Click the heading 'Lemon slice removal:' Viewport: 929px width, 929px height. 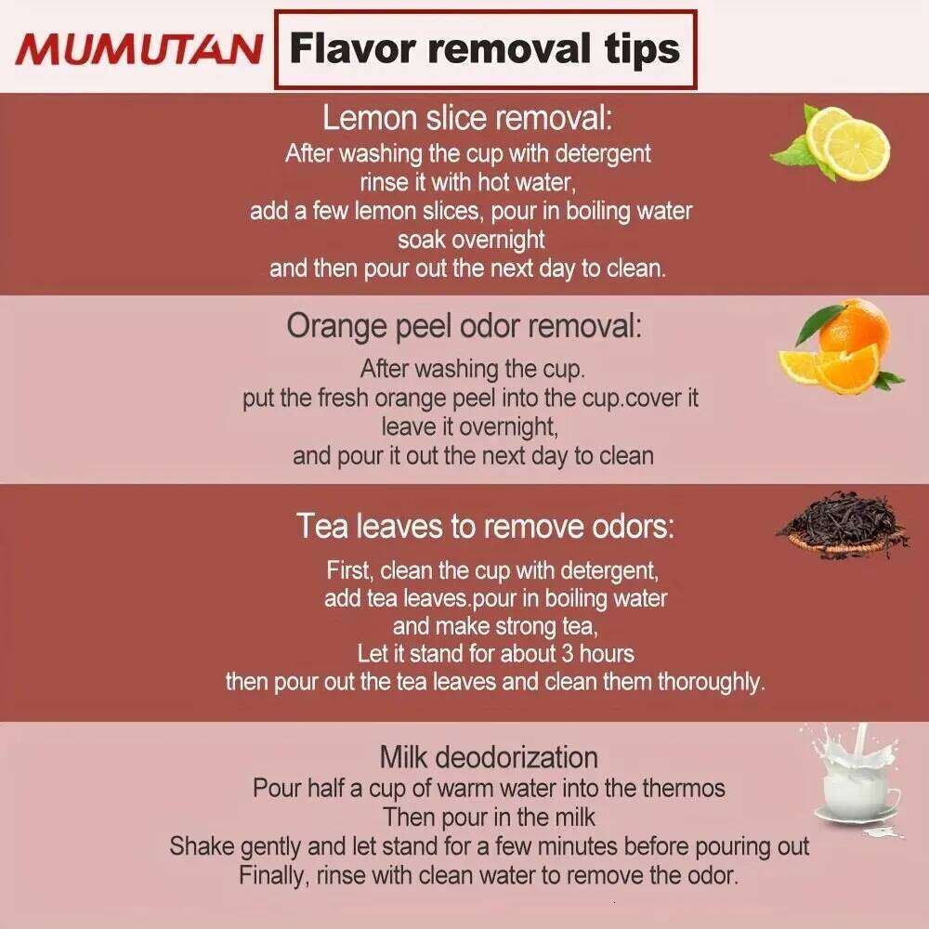click(x=467, y=118)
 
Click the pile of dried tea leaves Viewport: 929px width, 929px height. click(x=843, y=525)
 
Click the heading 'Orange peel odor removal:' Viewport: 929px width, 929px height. click(x=464, y=325)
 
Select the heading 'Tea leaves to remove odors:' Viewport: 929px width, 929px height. click(x=485, y=526)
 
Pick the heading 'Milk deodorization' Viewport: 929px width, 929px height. click(x=489, y=756)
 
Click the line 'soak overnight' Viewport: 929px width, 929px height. click(x=471, y=240)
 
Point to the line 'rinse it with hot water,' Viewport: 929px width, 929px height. click(x=468, y=182)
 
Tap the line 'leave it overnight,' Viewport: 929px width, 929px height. click(x=470, y=426)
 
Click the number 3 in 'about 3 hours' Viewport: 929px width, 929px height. click(x=567, y=653)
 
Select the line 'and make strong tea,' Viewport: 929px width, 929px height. click(x=495, y=626)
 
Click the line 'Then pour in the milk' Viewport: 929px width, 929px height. click(x=489, y=817)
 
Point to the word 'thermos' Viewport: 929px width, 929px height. click(x=684, y=789)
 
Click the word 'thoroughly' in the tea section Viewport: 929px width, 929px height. click(x=712, y=683)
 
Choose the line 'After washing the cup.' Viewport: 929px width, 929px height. click(x=473, y=369)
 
